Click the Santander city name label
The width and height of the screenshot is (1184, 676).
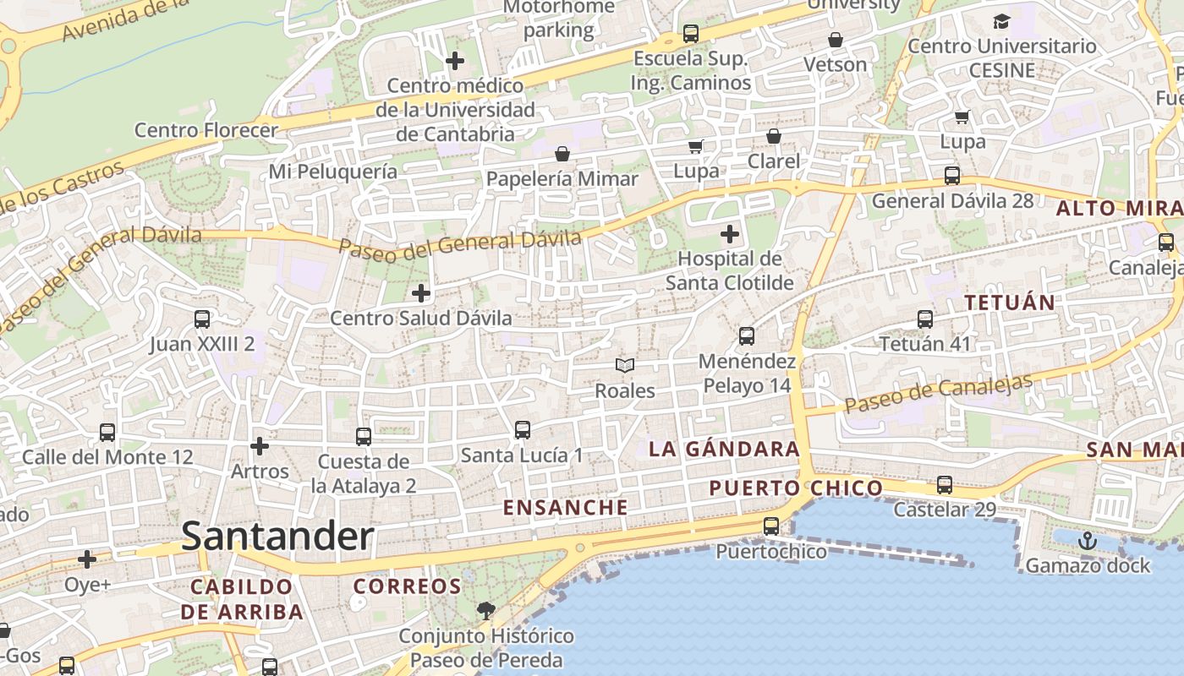click(277, 537)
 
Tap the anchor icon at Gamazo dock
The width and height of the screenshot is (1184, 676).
click(1088, 541)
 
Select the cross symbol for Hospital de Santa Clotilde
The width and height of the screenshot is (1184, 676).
click(730, 234)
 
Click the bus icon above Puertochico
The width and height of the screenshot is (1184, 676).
click(771, 526)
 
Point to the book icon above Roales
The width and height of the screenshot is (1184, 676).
click(625, 365)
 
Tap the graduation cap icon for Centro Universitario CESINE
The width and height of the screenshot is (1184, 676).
click(1001, 21)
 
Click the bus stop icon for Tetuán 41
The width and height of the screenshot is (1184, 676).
click(925, 319)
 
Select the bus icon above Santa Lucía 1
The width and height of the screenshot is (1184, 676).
click(523, 430)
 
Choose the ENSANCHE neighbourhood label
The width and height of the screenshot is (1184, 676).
click(566, 508)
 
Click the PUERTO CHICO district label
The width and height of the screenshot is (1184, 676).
click(796, 488)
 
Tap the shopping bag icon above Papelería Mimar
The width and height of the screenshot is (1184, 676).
click(562, 154)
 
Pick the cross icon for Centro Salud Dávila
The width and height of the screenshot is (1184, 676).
click(420, 293)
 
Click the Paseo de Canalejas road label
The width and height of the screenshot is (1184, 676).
click(939, 393)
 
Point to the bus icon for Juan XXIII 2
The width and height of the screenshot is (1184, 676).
click(202, 319)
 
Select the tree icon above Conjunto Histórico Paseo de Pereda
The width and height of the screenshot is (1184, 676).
click(486, 610)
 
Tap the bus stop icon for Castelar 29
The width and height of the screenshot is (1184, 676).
click(945, 485)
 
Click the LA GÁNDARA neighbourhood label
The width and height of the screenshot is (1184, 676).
click(724, 450)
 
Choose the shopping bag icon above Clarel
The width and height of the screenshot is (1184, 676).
click(773, 136)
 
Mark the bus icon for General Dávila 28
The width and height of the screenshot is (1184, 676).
click(952, 176)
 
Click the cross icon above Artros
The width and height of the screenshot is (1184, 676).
click(260, 446)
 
